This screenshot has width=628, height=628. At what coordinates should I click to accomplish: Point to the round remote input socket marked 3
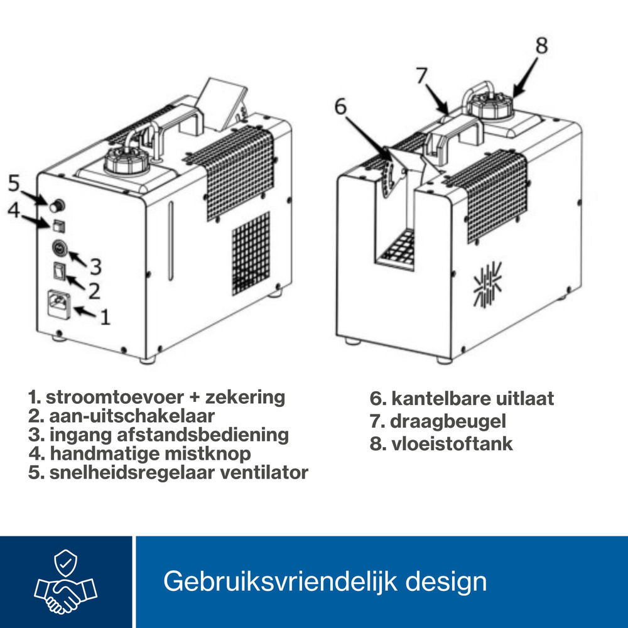pyautogui.click(x=58, y=249)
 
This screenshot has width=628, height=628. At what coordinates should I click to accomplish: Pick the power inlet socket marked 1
pyautogui.click(x=60, y=305)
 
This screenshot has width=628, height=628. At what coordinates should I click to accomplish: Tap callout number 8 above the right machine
pyautogui.click(x=541, y=45)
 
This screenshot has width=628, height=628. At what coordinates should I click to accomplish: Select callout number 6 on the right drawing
pyautogui.click(x=340, y=107)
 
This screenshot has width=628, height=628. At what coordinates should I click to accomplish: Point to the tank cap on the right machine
pyautogui.click(x=492, y=106)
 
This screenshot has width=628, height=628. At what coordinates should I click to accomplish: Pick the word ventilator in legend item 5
pyautogui.click(x=264, y=472)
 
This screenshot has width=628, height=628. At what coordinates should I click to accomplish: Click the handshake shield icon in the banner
pyautogui.click(x=65, y=582)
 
